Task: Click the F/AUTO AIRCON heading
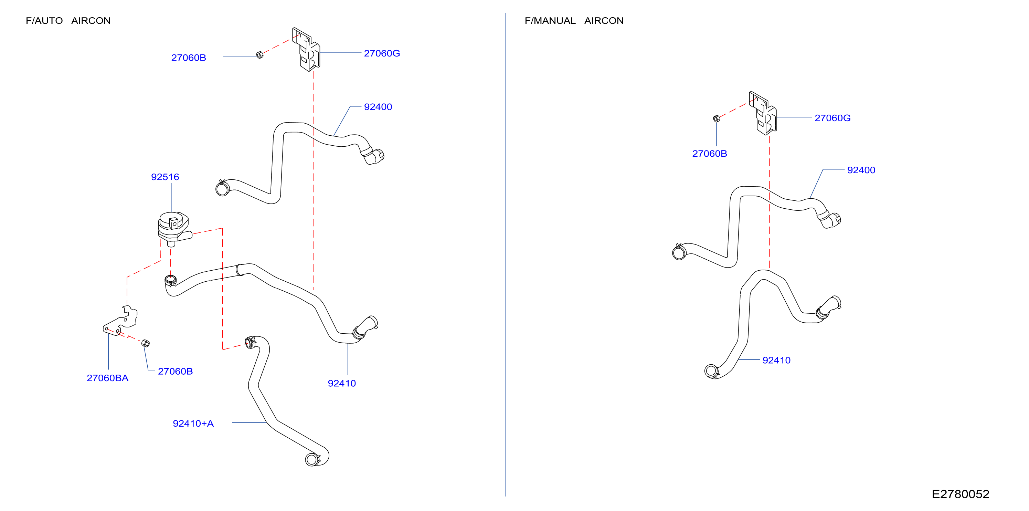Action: tap(68, 21)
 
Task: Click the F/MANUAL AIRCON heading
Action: tap(574, 21)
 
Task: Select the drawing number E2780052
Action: tap(960, 494)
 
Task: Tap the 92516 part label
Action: tap(165, 177)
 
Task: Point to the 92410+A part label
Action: tap(193, 424)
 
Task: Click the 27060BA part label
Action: tap(107, 378)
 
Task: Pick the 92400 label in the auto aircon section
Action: tap(378, 107)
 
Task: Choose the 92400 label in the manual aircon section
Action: tap(861, 170)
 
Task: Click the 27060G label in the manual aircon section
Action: tap(832, 118)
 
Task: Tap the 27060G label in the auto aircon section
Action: tap(382, 53)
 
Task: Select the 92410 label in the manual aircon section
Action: tap(776, 361)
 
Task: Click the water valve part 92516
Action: tap(174, 229)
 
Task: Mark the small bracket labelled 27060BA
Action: tap(120, 321)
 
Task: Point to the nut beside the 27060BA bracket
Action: tap(146, 343)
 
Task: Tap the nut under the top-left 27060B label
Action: tap(259, 55)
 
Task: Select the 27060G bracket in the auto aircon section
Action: tap(306, 50)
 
